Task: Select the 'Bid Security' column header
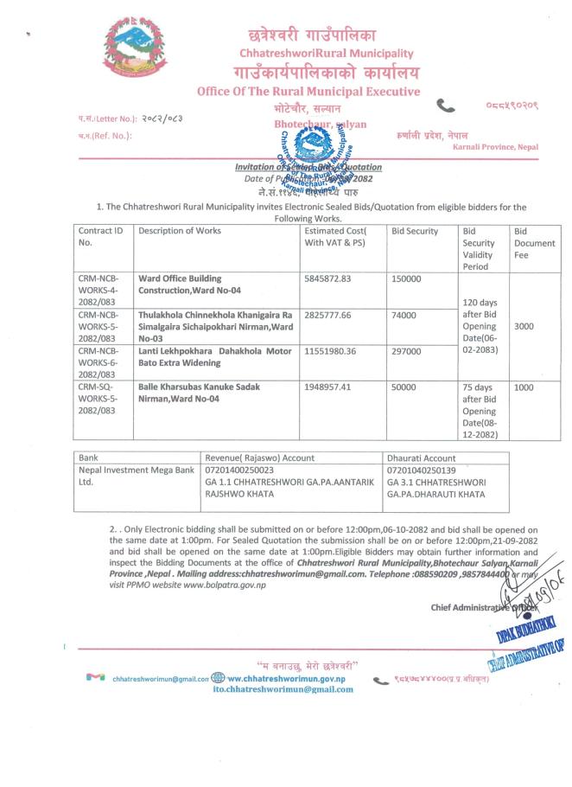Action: [415, 231]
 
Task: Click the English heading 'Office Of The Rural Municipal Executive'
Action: [308, 92]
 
